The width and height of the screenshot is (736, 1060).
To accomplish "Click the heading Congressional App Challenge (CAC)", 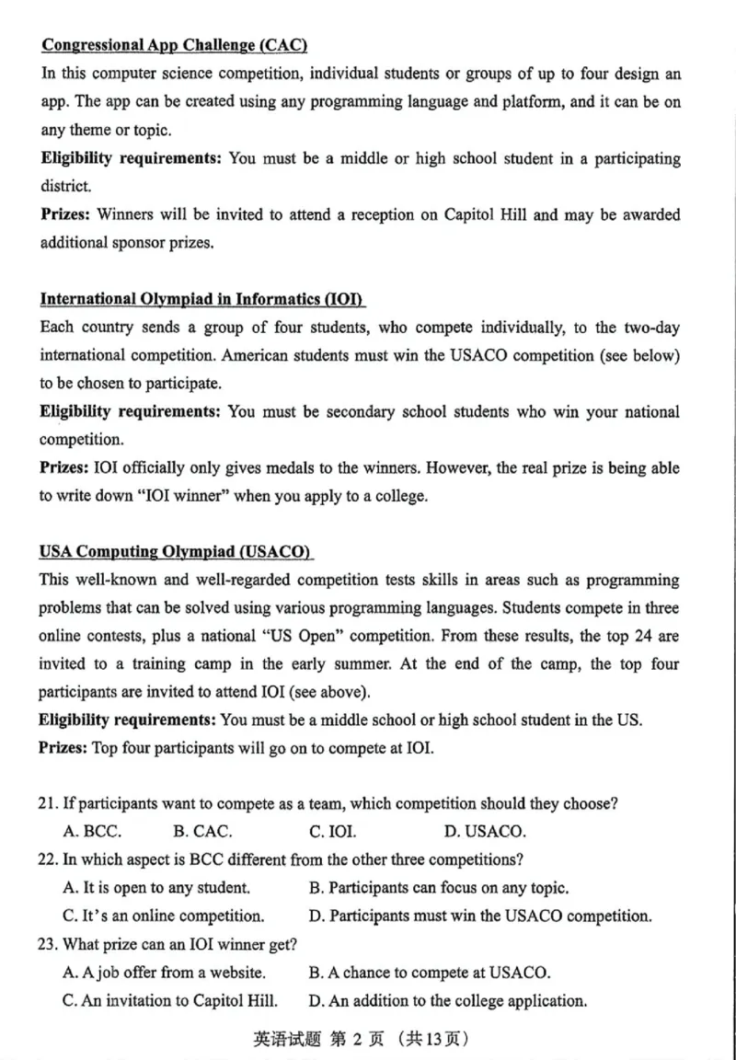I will coord(174,45).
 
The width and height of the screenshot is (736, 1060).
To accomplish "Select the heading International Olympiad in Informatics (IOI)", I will coord(202,299).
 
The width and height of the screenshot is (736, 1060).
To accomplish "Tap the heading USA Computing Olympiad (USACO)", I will coord(176,552).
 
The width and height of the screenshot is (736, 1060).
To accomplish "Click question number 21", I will coord(48,804).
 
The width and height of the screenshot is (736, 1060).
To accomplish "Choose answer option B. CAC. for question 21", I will coord(202,832).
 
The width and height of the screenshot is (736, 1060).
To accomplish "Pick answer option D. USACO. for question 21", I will coord(485,832).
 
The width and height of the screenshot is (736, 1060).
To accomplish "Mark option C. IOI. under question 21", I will coord(332,832).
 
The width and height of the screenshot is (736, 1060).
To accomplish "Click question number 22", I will coord(48,860).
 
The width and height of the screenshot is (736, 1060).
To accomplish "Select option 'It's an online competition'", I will coord(164,916).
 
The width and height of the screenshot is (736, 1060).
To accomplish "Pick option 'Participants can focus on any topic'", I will coord(439,889).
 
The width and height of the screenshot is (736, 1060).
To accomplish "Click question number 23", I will coord(48,944).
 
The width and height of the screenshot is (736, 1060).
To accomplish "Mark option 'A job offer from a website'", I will coord(165,973).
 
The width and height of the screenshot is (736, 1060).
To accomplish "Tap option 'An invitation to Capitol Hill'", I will coord(170,1000).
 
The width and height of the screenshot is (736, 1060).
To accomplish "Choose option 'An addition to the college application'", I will coord(448,1000).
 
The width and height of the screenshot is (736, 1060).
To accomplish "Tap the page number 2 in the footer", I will coord(338,1040).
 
